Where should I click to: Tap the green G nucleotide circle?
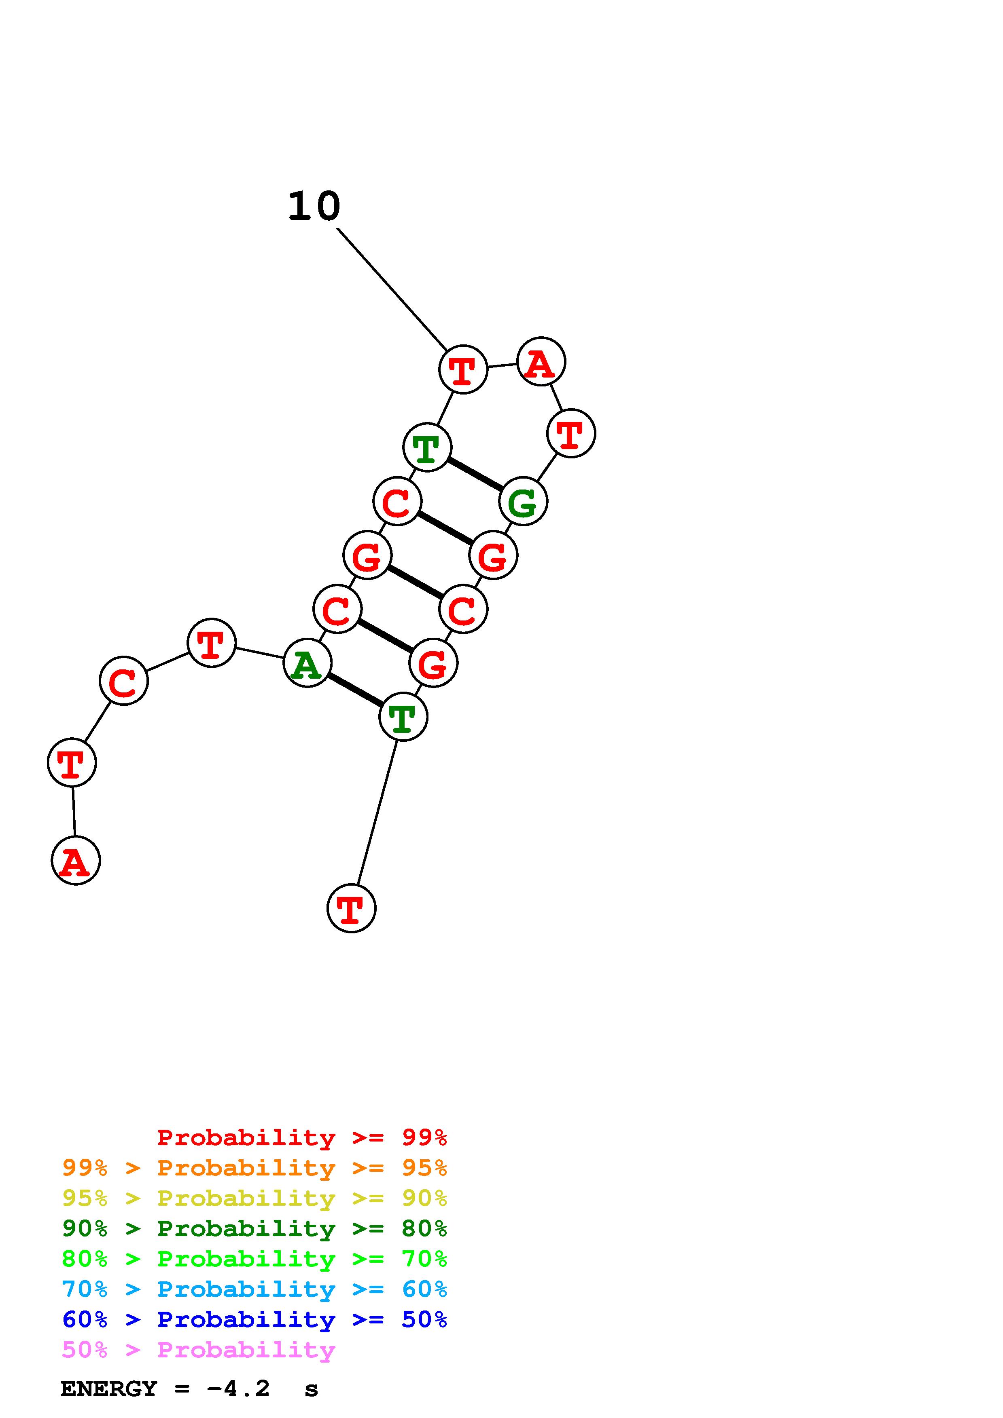tap(523, 502)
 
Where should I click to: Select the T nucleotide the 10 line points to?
tap(463, 369)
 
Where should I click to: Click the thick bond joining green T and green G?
tap(475, 474)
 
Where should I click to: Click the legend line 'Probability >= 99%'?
tap(302, 1137)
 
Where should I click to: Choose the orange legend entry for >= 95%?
tap(254, 1168)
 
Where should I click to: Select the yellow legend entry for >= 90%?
tap(254, 1198)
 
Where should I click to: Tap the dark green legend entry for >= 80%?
tap(254, 1228)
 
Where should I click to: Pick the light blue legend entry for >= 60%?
tap(254, 1289)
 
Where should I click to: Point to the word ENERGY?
tap(109, 1389)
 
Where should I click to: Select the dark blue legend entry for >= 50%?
tap(254, 1319)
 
